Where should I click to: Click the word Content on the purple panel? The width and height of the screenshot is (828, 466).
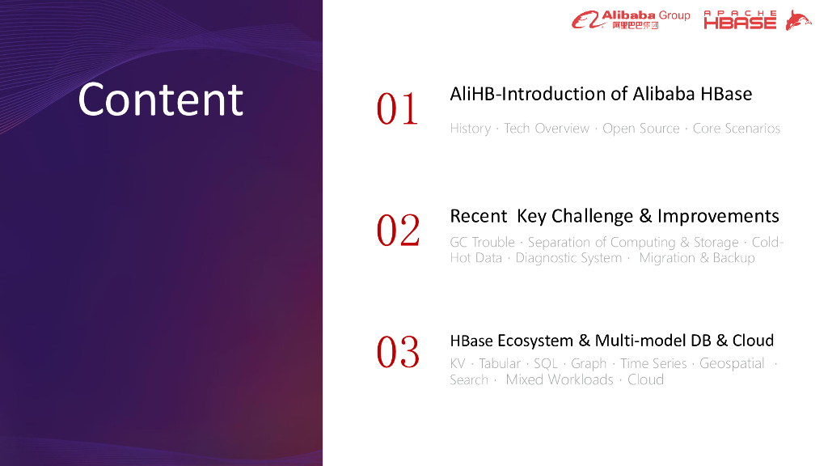[x=161, y=100]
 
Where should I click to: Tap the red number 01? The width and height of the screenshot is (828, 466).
[x=397, y=109]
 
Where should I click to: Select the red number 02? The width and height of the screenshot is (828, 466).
[x=398, y=231]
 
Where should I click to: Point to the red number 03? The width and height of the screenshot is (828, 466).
[x=398, y=353]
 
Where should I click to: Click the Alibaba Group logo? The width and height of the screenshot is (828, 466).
[x=631, y=19]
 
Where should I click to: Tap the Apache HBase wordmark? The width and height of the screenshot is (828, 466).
[x=740, y=19]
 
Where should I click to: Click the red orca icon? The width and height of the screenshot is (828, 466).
[x=798, y=20]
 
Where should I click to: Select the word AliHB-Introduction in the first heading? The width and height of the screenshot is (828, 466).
[x=527, y=94]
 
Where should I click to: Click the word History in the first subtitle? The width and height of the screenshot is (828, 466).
[x=471, y=129]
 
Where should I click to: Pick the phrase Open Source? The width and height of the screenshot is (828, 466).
[x=641, y=129]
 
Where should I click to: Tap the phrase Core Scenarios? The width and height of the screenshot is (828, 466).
[x=736, y=129]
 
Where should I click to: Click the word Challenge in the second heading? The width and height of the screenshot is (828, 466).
[x=593, y=216]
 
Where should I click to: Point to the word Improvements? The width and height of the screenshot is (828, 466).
[x=718, y=216]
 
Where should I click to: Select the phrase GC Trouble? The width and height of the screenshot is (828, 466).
[x=482, y=242]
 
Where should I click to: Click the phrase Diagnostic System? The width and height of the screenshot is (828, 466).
[x=568, y=258]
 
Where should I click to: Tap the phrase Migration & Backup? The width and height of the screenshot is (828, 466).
[x=697, y=258]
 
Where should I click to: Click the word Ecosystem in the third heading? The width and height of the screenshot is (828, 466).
[x=535, y=341]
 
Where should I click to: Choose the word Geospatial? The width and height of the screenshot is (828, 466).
[x=732, y=363]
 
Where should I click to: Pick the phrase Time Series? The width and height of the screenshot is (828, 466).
[x=653, y=363]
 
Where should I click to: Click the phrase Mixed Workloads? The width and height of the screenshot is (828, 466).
[x=560, y=380]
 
